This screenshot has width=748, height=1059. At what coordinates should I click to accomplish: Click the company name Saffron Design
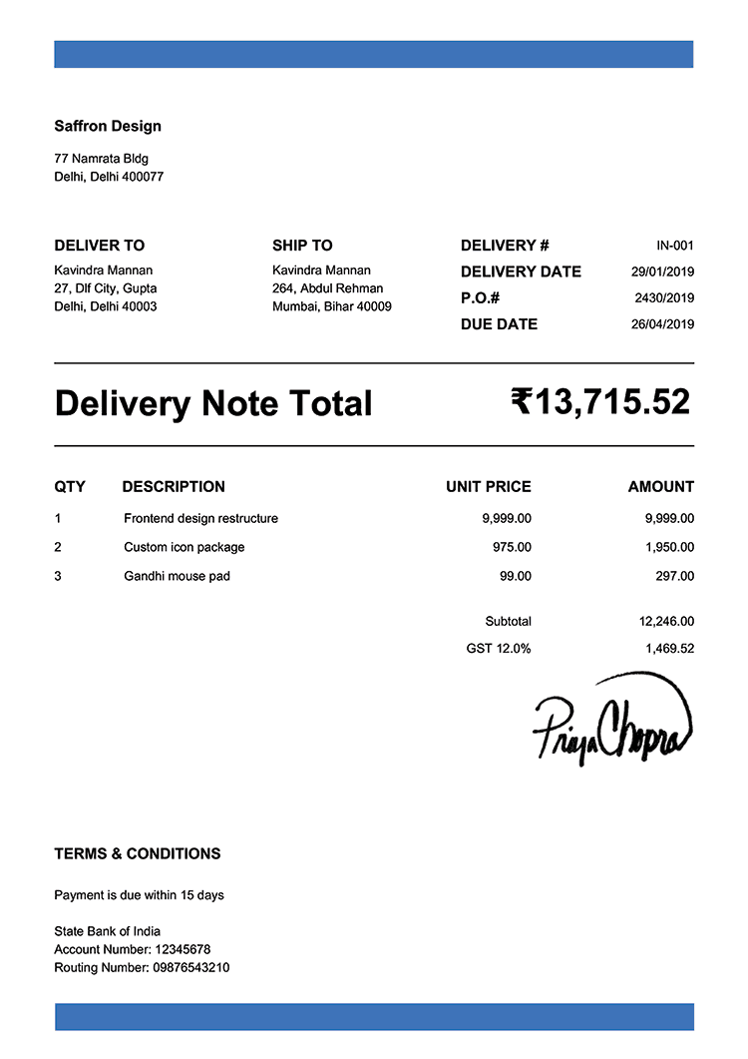coord(107,126)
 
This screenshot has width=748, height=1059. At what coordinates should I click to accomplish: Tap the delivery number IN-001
coord(674,246)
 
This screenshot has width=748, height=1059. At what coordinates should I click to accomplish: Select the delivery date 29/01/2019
coord(662,271)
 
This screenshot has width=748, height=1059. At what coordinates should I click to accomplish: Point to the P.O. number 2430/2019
coord(663,297)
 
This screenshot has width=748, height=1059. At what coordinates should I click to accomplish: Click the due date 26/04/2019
coord(662,324)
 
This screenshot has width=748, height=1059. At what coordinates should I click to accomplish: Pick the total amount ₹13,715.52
coord(600,402)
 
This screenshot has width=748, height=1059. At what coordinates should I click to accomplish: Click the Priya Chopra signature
coord(610,721)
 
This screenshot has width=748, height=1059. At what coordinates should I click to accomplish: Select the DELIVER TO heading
coord(99,246)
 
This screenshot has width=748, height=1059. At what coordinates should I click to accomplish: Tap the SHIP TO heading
coord(302,246)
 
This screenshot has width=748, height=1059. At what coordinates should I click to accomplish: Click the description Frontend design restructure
coord(200,518)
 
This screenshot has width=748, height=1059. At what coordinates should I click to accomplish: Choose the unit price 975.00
coord(512,547)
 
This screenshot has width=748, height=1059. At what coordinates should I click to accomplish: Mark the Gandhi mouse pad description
coord(177,576)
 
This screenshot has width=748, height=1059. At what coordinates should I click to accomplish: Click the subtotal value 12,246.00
coord(666,621)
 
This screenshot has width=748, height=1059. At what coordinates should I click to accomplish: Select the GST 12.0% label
coord(499,648)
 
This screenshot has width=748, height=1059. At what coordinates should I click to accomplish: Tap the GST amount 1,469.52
coord(669,648)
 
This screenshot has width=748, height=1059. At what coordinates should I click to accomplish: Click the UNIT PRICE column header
coord(488,487)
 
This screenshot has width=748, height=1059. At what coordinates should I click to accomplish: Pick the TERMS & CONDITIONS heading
coord(138,853)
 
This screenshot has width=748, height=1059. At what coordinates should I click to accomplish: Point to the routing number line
coord(142,967)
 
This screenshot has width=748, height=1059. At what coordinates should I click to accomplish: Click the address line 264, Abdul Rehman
coord(327,288)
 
